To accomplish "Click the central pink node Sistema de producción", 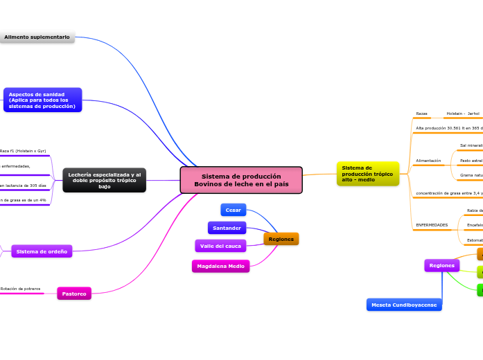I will click(241, 180).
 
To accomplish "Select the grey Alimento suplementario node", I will click(37, 37).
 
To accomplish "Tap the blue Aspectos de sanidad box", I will click(42, 100).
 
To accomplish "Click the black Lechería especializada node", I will click(104, 180).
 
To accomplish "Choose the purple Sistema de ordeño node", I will click(42, 251).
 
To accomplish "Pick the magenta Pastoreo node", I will click(74, 294).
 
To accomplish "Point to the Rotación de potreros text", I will click(20, 289).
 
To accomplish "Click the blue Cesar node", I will click(234, 210).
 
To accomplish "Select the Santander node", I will click(227, 228).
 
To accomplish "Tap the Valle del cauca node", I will click(220, 246).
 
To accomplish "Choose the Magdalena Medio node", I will click(220, 266).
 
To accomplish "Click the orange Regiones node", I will click(281, 239).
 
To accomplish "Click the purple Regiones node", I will click(441, 265).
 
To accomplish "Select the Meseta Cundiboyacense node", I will click(404, 305).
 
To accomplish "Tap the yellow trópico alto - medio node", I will click(367, 174).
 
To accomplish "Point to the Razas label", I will click(421, 114).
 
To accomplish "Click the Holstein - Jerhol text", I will click(462, 114).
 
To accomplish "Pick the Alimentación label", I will click(428, 161).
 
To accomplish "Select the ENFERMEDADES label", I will click(431, 225).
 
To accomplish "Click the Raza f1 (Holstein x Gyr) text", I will click(23, 150).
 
